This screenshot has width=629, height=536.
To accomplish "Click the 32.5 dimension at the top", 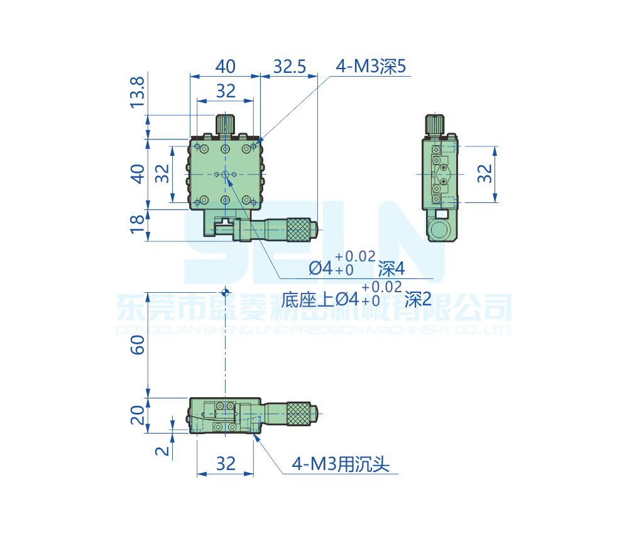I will tap(290, 66).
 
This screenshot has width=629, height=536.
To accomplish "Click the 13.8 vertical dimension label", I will tap(138, 91).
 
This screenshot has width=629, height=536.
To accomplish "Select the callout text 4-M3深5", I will tap(372, 67).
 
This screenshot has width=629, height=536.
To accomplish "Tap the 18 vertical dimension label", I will tap(138, 224).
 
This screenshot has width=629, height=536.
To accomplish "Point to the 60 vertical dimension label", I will tap(138, 344).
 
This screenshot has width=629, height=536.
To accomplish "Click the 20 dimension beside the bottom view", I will tap(138, 415).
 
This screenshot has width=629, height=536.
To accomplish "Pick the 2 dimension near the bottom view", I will tap(162, 451).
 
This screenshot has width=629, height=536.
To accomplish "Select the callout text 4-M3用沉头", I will tap(341, 464).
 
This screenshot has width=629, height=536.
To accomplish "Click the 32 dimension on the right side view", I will tap(484, 173).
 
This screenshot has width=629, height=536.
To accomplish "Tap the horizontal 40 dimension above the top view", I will tap(225, 66).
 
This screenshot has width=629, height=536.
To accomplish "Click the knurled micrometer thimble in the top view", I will tap(299, 229).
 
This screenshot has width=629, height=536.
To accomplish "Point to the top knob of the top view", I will tap(226, 124).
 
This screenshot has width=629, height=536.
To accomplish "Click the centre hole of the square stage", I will tap(225, 174).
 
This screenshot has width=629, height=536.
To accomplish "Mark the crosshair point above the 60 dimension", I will tap(225, 292).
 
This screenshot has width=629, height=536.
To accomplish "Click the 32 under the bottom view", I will tap(225, 464).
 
